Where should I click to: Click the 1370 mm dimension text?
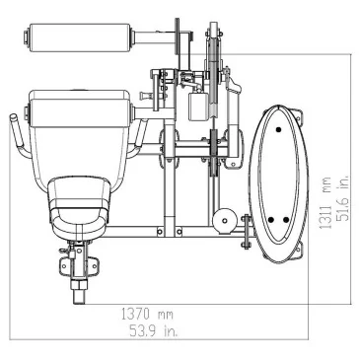click(x=147, y=315)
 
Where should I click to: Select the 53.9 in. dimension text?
click(x=154, y=330)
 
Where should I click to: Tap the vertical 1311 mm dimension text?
click(x=326, y=203)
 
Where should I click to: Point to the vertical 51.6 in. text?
click(x=342, y=197)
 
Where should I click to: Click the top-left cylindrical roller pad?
click(x=79, y=37)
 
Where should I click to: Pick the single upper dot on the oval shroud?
click(x=279, y=130)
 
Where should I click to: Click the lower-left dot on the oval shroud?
click(x=271, y=220)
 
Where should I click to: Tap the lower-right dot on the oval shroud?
click(x=286, y=220)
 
